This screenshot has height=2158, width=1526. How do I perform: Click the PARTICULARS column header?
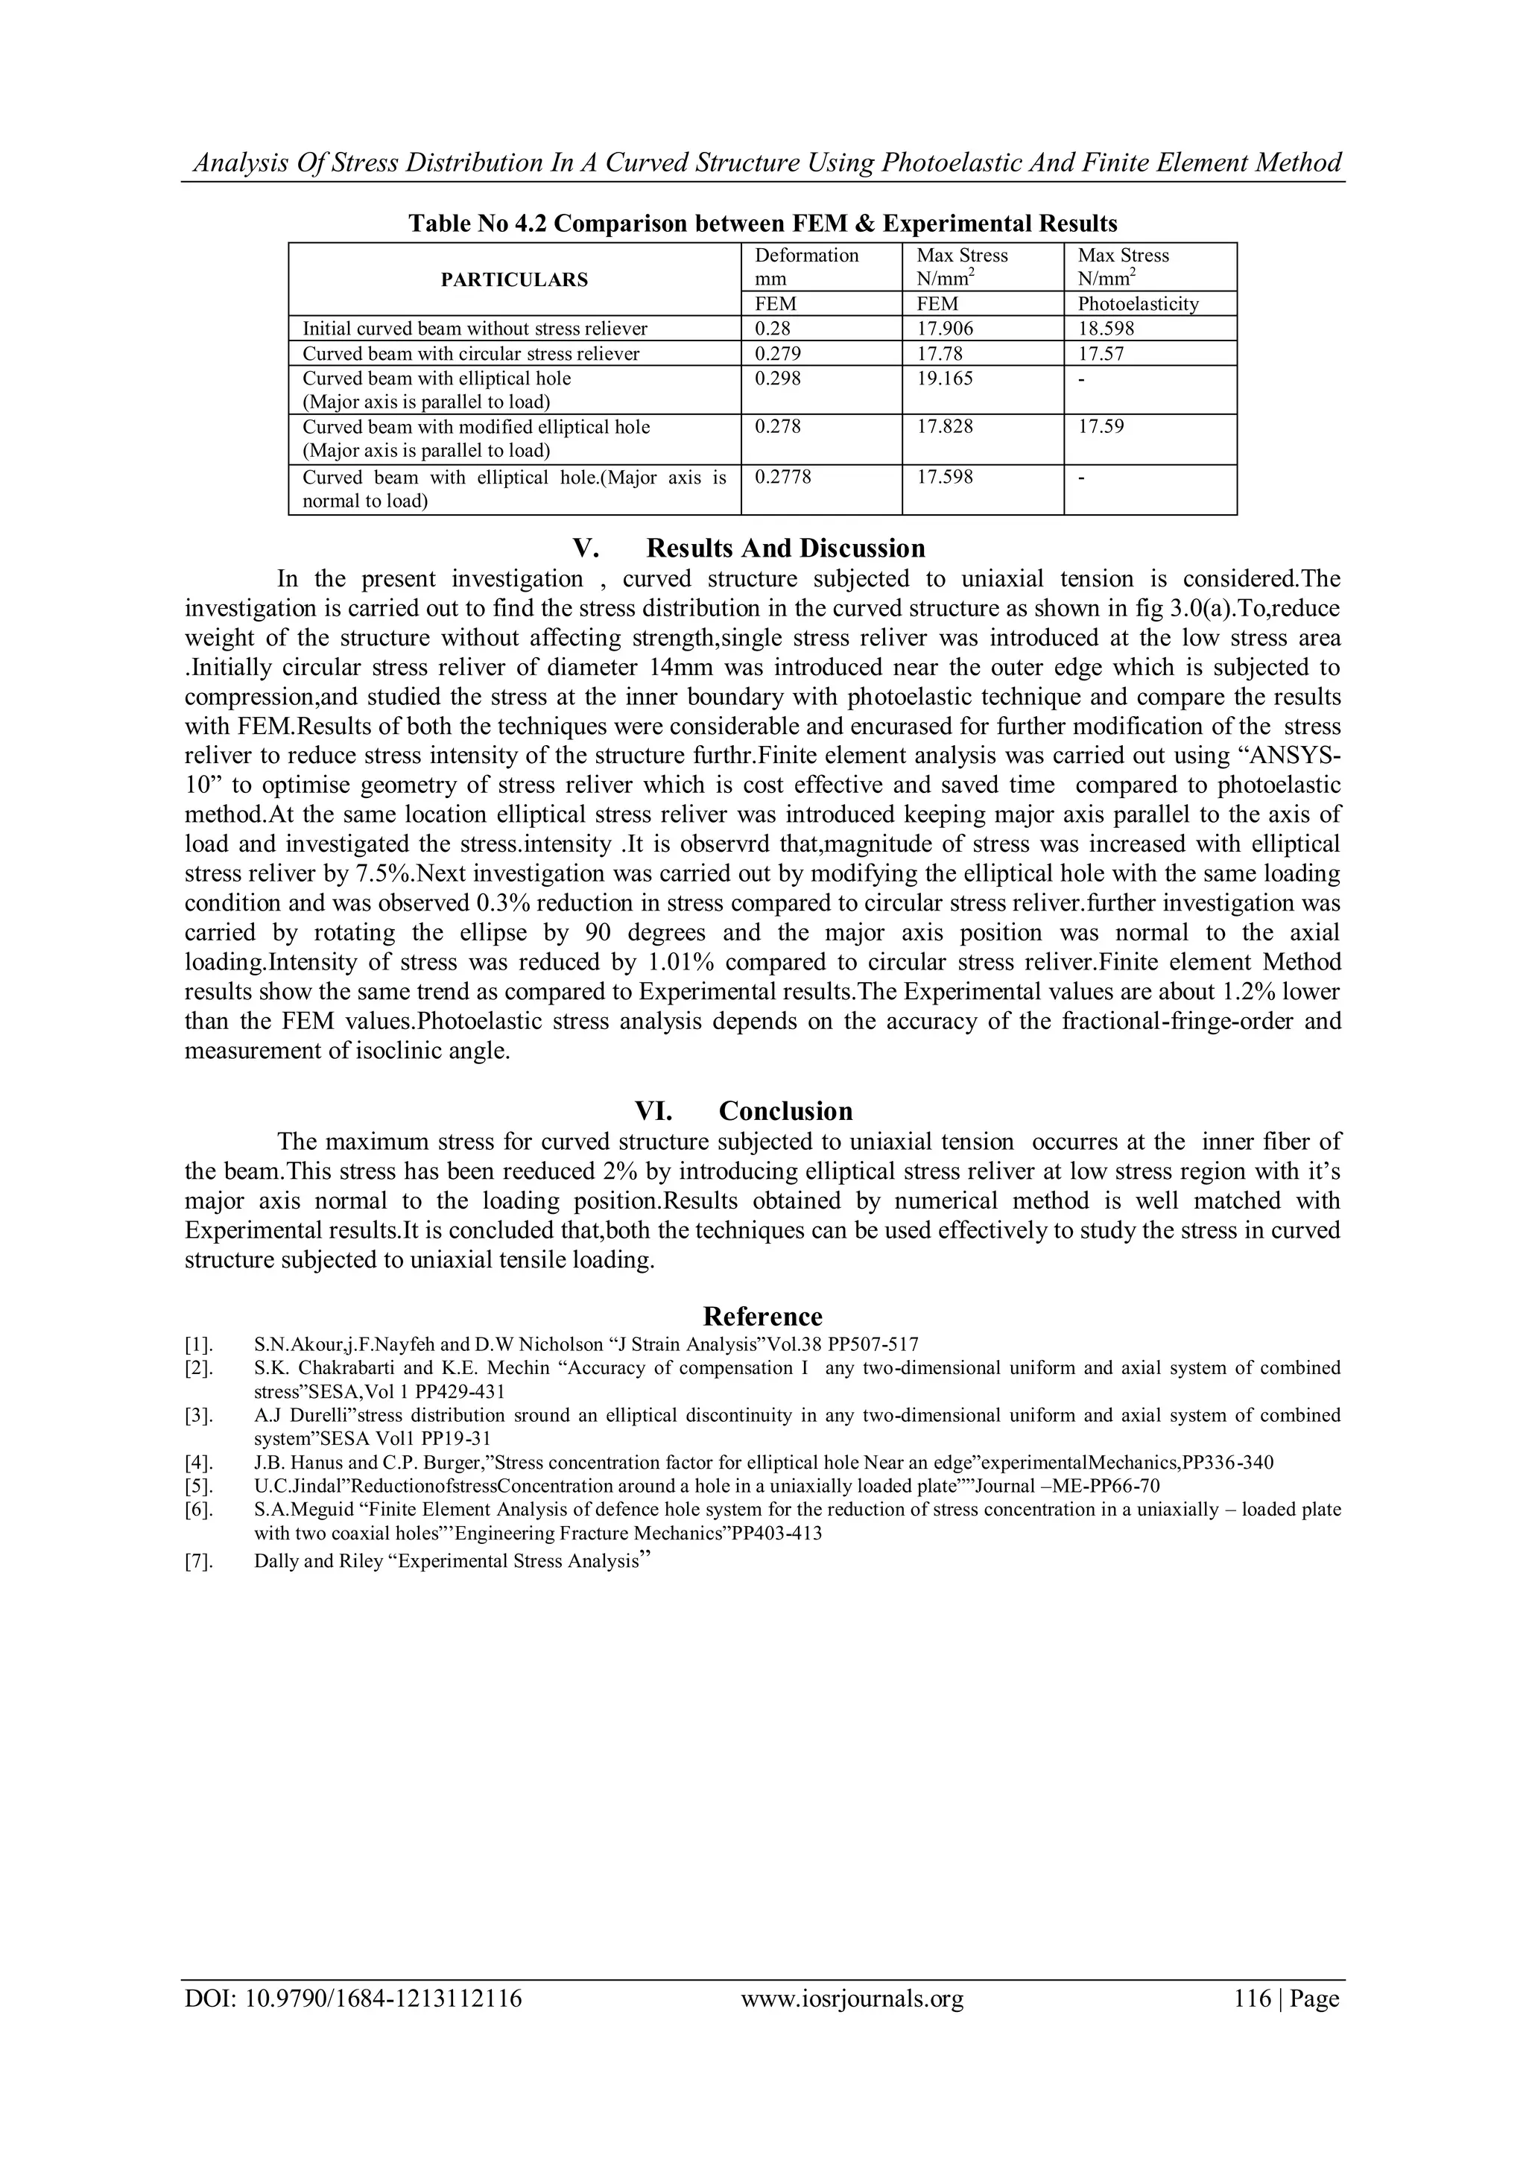pos(514,279)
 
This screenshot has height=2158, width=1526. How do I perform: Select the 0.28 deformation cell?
pos(773,329)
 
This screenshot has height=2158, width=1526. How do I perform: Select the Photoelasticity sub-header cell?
pos(1138,303)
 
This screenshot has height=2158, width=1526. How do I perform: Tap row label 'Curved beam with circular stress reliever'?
pos(471,353)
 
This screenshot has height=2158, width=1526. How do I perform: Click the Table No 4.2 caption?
pos(762,224)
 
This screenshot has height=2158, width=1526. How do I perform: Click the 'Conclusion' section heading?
pos(785,1111)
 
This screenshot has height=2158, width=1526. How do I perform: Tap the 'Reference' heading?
pos(762,1316)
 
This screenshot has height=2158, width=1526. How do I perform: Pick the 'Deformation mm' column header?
pos(806,267)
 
